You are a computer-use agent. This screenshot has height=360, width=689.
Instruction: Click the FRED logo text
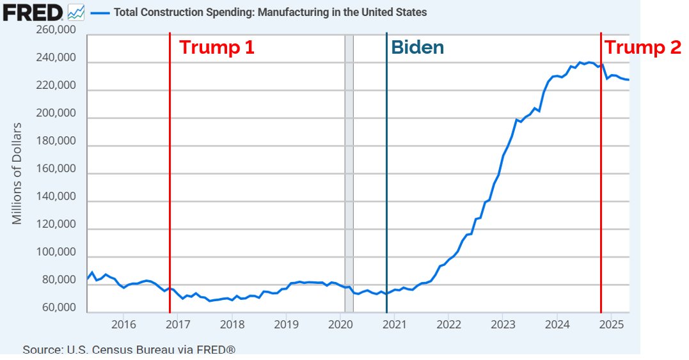pyautogui.click(x=33, y=12)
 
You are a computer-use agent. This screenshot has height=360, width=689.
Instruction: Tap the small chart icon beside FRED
pyautogui.click(x=75, y=12)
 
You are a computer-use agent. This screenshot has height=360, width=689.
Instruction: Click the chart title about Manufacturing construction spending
pyautogui.click(x=270, y=12)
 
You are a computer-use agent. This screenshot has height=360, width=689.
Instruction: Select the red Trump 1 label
pyautogui.click(x=216, y=47)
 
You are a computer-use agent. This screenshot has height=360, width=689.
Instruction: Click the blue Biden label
pyautogui.click(x=417, y=47)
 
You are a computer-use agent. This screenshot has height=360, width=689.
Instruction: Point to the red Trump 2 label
pyautogui.click(x=643, y=47)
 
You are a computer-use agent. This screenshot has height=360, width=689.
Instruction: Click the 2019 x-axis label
pyautogui.click(x=286, y=325)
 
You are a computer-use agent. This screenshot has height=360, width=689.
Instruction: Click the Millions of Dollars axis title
pyautogui.click(x=17, y=173)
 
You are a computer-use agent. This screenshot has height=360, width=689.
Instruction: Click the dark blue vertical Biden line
pyautogui.click(x=386, y=192)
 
